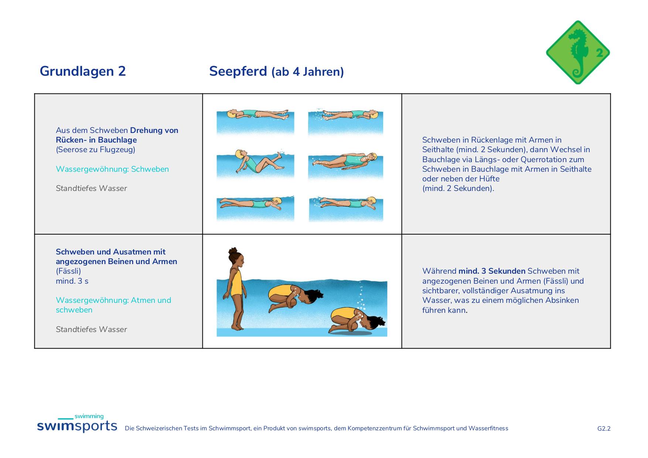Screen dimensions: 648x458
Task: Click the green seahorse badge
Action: (x=578, y=52)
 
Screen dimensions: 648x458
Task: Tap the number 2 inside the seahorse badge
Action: (x=599, y=53)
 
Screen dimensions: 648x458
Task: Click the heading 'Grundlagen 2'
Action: (x=83, y=71)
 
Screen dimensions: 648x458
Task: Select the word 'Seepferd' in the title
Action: (x=238, y=71)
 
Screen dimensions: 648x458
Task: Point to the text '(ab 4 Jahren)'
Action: (x=308, y=71)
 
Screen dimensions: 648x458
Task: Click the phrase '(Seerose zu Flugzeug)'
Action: (x=95, y=150)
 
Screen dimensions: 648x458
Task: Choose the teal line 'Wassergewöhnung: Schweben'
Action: (x=112, y=169)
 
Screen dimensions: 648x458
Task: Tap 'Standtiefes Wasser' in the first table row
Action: (x=91, y=188)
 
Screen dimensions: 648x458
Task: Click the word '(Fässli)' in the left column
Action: (x=68, y=271)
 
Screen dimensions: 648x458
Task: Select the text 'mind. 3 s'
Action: (x=72, y=281)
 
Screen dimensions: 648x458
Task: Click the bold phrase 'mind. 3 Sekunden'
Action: (x=492, y=271)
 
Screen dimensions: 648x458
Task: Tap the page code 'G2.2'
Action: (x=604, y=428)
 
